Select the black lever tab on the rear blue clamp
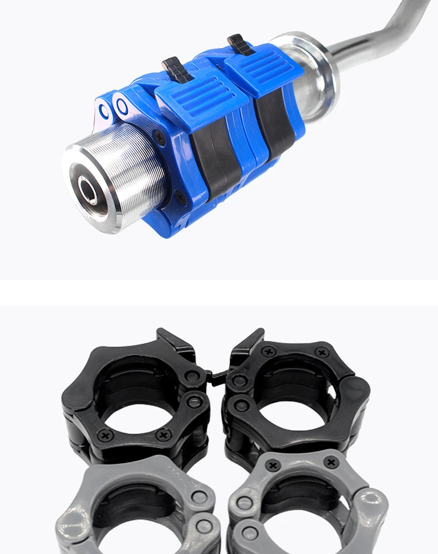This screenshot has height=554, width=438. [x=237, y=43]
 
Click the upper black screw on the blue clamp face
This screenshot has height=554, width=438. [x=160, y=135]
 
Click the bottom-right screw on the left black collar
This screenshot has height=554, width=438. [x=163, y=435]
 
